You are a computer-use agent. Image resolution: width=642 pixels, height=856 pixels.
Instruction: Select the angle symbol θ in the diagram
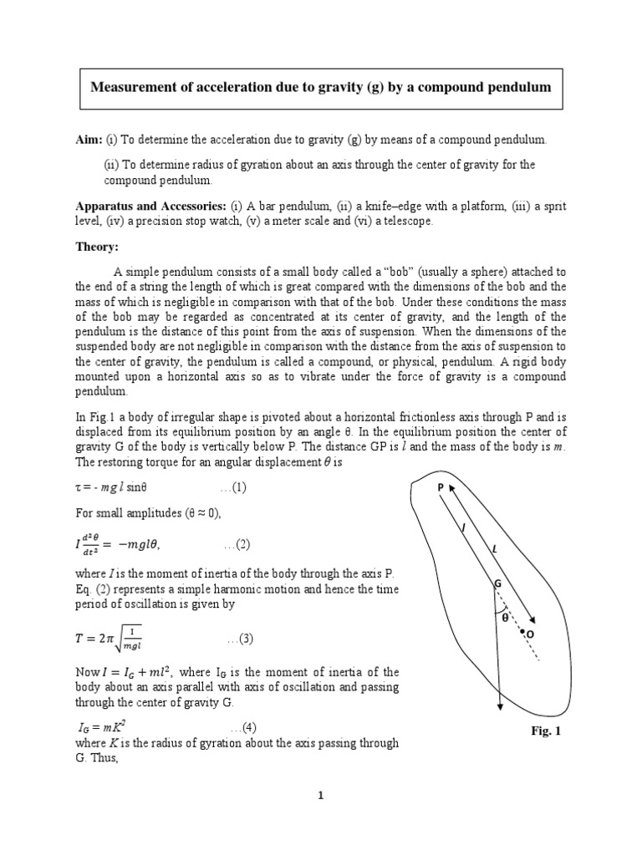505,618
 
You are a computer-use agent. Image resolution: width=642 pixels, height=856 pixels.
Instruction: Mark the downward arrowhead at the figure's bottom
499,705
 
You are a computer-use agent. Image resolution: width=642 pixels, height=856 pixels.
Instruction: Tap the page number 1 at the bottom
320,795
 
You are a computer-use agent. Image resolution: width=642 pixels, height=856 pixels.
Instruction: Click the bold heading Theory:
99,247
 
